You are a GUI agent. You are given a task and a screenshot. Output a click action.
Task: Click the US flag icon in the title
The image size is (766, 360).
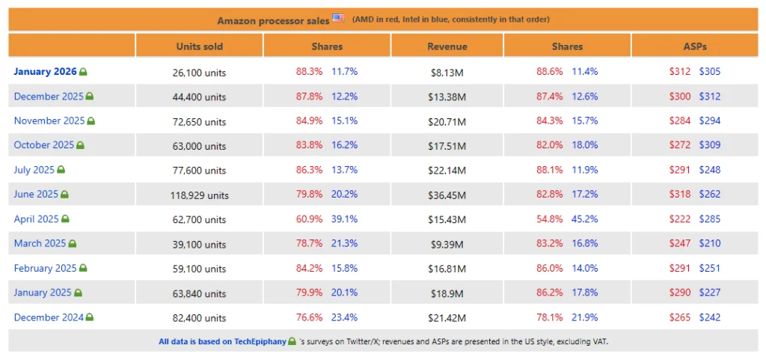339,18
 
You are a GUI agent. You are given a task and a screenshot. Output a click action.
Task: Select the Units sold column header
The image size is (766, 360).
199,46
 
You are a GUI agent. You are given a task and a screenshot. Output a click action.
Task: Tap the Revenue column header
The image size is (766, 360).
447,46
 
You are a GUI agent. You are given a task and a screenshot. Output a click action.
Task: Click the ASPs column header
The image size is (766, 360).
695,46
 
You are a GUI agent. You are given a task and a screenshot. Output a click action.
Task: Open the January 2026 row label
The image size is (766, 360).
44,72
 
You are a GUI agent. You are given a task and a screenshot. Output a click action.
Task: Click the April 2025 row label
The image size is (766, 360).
36,219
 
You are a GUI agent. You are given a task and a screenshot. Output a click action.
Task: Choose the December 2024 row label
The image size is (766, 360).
49,317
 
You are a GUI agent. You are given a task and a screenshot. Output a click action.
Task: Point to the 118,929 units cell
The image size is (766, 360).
199,195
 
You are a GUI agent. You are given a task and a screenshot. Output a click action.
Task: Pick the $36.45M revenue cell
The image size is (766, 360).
447,195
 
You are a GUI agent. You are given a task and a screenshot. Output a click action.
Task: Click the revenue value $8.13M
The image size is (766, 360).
447,73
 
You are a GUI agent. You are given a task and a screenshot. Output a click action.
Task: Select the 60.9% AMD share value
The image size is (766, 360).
309,219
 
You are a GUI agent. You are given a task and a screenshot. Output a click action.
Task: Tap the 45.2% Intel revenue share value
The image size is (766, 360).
585,219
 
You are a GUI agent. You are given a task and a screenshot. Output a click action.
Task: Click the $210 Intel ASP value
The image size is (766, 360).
710,244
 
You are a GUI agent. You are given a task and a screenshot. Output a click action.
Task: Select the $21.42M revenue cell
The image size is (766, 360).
447,318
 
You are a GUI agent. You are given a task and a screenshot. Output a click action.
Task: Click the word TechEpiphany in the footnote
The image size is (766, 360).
259,341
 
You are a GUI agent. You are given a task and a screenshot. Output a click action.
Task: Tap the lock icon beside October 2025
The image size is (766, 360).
81,145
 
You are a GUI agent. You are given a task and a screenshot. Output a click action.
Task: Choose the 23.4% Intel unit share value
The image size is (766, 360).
345,317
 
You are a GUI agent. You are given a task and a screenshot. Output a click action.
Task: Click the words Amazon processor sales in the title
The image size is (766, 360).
272,20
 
